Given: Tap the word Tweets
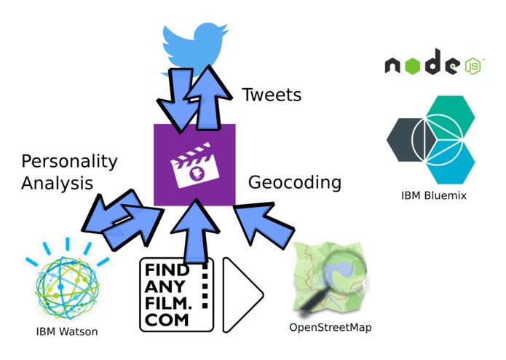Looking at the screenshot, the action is [272, 95].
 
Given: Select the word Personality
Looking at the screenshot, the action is [69, 162].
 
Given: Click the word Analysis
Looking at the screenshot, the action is [57, 183].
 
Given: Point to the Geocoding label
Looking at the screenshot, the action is [295, 183].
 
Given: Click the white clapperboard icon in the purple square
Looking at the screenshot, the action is [194, 165].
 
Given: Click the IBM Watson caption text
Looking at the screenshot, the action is [67, 332].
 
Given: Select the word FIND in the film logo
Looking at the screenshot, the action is [167, 270].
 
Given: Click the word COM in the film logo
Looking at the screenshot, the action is [167, 320].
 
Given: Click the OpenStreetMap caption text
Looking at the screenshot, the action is [331, 328].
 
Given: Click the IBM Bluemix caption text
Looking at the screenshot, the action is [434, 195].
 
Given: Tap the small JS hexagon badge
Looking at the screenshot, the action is [473, 66].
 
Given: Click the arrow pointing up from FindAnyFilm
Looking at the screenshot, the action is [195, 231].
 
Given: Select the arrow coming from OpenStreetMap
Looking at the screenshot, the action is [264, 226].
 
